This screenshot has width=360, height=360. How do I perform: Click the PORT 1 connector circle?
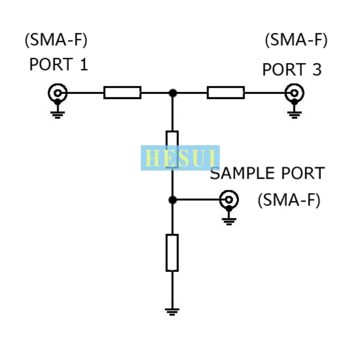[x=57, y=93]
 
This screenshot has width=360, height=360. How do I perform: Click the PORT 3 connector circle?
[x=294, y=94]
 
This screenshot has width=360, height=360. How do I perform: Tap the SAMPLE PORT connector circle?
[x=229, y=199]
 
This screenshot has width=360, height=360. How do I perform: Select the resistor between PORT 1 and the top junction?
[x=122, y=93]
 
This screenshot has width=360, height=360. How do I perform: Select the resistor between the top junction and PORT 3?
[x=226, y=93]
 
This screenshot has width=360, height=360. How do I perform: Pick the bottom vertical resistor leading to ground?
[x=172, y=252]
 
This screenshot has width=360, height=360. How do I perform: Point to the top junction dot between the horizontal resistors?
[x=172, y=93]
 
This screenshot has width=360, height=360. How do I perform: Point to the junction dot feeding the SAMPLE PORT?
[x=172, y=199]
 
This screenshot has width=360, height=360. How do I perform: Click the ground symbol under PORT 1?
[x=57, y=114]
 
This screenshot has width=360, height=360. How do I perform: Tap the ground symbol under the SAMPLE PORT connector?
[x=229, y=220]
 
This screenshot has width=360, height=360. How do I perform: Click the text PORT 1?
[x=58, y=64]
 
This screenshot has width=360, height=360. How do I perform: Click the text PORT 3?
[x=292, y=70]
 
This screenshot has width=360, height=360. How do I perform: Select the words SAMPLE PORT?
[x=267, y=174]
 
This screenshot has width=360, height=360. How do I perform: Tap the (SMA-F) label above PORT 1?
[x=56, y=40]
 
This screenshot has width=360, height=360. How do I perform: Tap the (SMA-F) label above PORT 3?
[x=296, y=40]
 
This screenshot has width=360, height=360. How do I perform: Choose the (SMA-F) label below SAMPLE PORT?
[x=289, y=200]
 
